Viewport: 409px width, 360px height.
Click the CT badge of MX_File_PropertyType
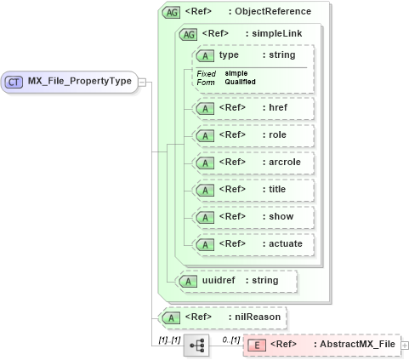[14, 82]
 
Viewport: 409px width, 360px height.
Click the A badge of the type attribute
[204, 55]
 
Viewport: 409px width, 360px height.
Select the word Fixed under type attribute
[206, 74]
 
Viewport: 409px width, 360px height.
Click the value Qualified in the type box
[241, 83]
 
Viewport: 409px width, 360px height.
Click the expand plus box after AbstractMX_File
[404, 345]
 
